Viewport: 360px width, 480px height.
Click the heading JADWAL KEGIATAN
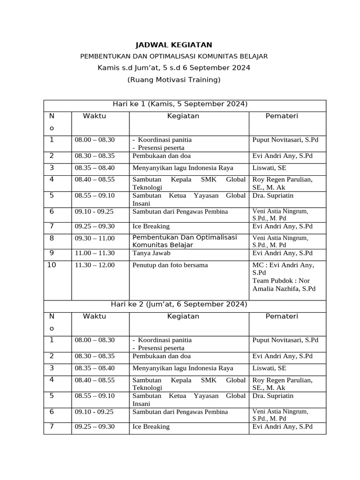pos(173,45)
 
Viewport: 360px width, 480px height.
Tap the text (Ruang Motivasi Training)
pos(173,80)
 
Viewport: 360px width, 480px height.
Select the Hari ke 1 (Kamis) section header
pos(180,104)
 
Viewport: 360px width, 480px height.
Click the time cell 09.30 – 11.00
pos(95,238)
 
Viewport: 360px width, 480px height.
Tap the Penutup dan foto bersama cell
pos(170,265)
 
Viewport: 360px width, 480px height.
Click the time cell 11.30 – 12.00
pos(95,265)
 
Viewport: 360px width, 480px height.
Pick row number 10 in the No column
pos(52,265)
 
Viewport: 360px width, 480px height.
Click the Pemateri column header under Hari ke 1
pos(282,116)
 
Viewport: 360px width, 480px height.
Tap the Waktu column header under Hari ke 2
pos(95,316)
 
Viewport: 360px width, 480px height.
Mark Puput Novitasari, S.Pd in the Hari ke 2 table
pos(285,340)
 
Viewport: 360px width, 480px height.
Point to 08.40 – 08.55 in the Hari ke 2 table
pos(95,380)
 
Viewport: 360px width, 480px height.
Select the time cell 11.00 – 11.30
pos(95,253)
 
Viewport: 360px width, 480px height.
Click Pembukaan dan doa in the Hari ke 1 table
pos(161,156)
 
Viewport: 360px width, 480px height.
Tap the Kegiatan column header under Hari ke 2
pos(183,316)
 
